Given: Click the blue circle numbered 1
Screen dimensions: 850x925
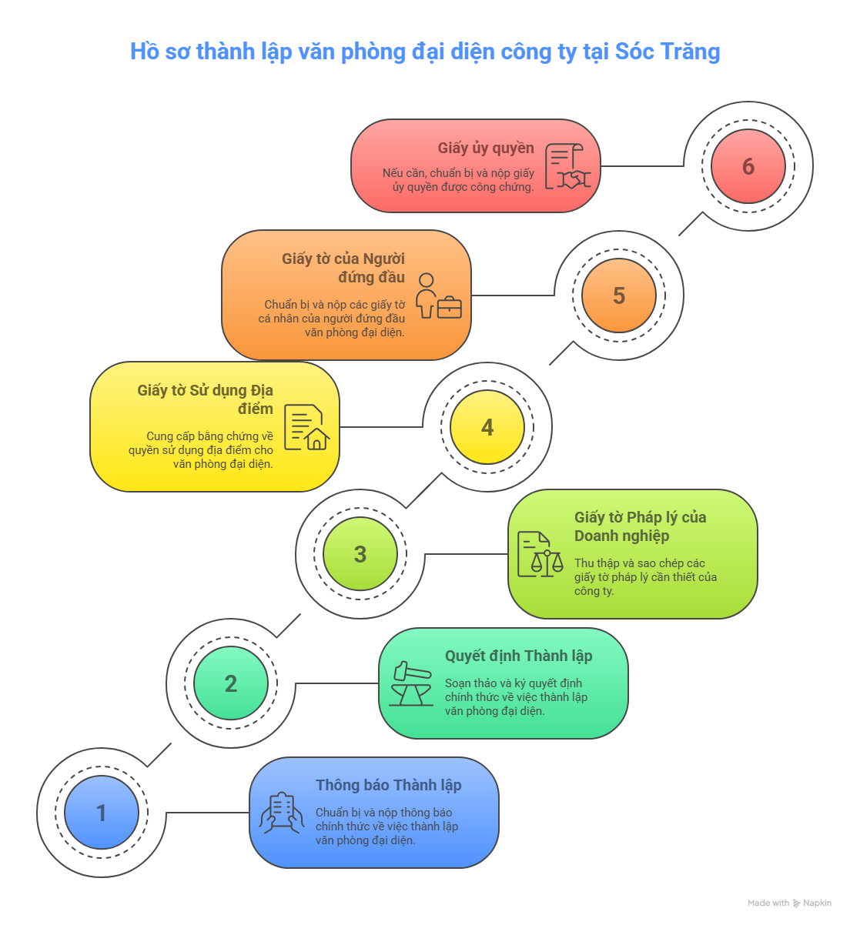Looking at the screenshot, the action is [x=102, y=812].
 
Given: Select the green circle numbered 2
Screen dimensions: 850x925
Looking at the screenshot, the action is [x=231, y=683].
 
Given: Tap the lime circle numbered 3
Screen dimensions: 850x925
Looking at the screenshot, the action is [x=360, y=554].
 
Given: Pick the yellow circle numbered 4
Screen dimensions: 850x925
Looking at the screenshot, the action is [x=487, y=427].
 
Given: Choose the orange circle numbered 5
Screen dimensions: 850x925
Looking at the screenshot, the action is [x=619, y=296].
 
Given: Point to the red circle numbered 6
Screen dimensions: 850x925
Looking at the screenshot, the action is [x=748, y=166].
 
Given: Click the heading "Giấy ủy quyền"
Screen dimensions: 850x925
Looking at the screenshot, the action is [x=486, y=149].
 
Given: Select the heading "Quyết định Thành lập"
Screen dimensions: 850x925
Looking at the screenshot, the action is [x=518, y=656].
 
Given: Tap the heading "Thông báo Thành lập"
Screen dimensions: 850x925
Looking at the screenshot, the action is [x=389, y=785].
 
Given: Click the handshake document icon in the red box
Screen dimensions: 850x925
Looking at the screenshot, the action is [x=567, y=166].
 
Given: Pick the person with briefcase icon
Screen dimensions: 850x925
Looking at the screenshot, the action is [x=438, y=296].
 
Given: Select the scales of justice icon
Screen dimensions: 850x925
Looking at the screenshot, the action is [x=540, y=554].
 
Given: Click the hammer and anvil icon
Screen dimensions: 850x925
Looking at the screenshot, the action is [x=411, y=683].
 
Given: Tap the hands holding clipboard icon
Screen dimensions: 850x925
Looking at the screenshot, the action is [x=282, y=813].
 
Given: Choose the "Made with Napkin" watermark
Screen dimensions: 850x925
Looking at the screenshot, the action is [x=789, y=903].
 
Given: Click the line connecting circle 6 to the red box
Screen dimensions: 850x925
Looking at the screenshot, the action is [x=642, y=166].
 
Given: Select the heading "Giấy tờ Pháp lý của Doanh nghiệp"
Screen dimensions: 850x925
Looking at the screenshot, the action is [x=640, y=526].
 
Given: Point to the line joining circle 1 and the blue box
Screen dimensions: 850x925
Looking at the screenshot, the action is [x=208, y=813].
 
